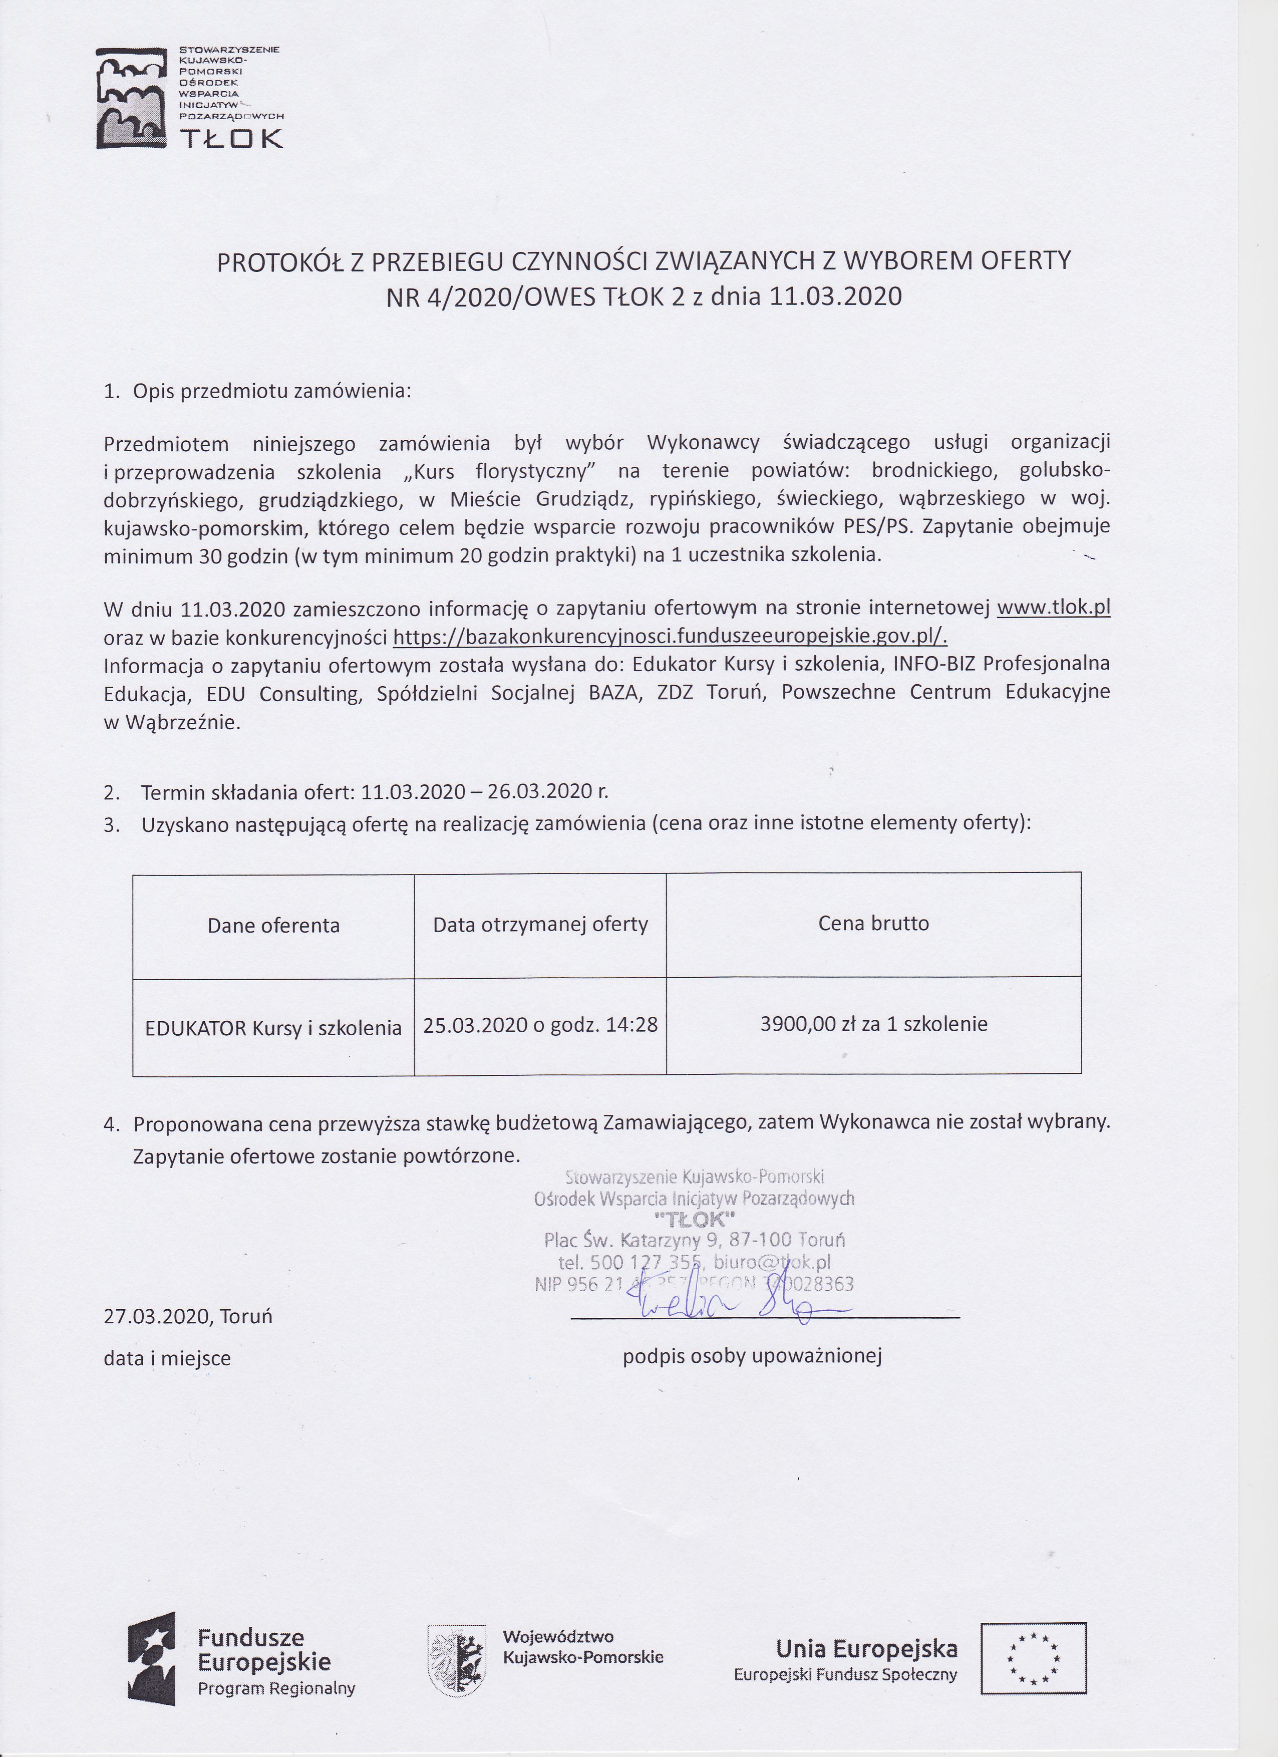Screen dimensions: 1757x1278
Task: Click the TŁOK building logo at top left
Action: [x=132, y=98]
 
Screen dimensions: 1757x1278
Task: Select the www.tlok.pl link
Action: [x=1053, y=608]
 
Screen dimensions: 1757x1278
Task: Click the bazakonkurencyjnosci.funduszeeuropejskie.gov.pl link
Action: [x=670, y=636]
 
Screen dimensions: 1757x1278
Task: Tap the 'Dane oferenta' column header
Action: [x=273, y=925]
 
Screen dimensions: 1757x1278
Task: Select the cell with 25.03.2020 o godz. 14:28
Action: [x=540, y=1025]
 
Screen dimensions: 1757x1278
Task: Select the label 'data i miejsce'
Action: [x=167, y=1358]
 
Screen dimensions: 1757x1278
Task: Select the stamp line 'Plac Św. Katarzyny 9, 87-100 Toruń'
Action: [x=694, y=1240]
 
